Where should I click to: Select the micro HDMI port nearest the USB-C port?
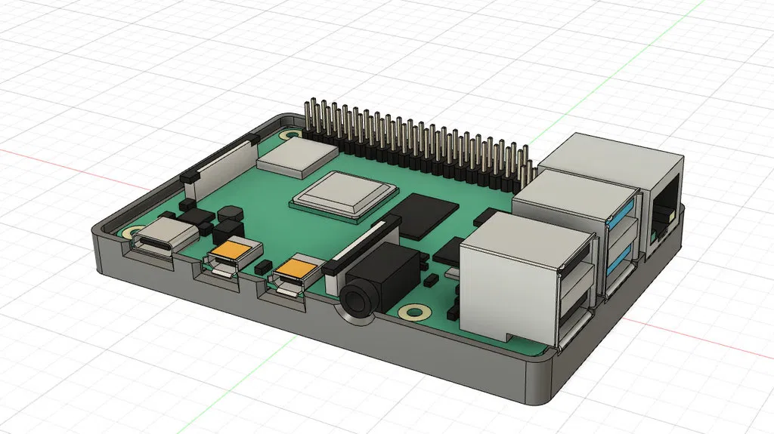(x=224, y=263)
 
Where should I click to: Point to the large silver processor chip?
(x=345, y=191)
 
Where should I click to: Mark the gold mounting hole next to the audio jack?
(x=413, y=311)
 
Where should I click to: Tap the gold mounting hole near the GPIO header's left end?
(x=289, y=136)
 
